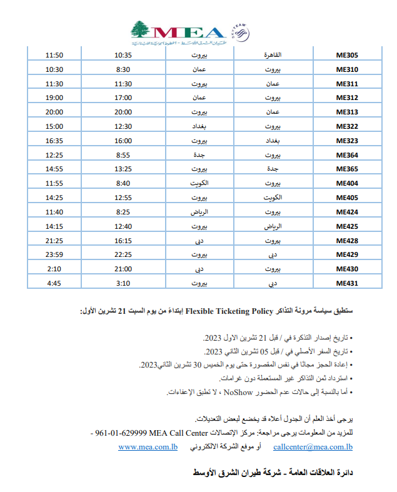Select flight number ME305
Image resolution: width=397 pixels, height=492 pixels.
coord(346,55)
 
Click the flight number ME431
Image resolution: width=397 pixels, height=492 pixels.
coord(346,283)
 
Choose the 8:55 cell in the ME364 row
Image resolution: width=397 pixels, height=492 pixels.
coord(123,154)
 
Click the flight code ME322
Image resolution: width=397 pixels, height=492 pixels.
coord(346,126)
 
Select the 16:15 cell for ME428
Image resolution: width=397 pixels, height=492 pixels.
coord(123,240)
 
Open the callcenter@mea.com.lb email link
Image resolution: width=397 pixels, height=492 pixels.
coord(313,446)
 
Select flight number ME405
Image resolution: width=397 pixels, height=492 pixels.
coord(346,198)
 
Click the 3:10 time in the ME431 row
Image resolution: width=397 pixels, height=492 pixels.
coord(123,283)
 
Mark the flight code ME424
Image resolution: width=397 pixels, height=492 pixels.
coord(346,211)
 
